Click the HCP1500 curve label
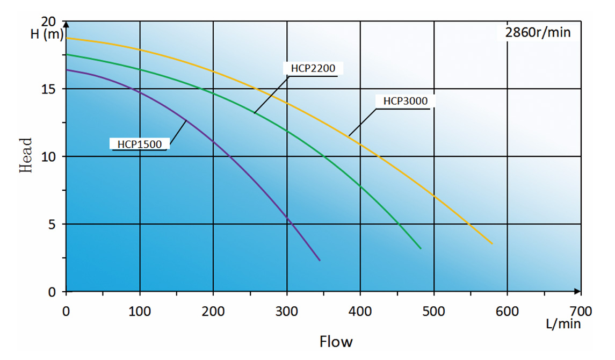(140, 143)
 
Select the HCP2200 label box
(312, 68)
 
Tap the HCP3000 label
(405, 100)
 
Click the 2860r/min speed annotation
(538, 33)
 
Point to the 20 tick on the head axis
(49, 22)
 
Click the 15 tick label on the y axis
(49, 89)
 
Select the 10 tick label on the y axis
(49, 156)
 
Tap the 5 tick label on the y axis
(53, 224)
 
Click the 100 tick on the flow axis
(140, 311)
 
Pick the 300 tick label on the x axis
(287, 311)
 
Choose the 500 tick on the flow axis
(433, 311)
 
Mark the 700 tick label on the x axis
(581, 311)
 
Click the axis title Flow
(336, 341)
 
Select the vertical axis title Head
(26, 156)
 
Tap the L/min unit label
(563, 324)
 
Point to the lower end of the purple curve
(320, 261)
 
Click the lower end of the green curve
(421, 248)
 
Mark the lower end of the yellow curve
(492, 244)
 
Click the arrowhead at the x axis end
(577, 292)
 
